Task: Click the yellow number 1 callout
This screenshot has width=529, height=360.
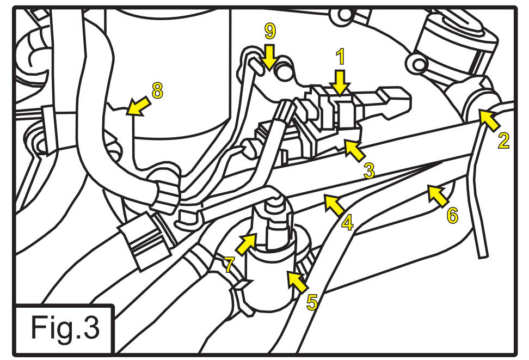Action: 341,57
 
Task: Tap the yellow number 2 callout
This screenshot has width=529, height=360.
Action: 504,141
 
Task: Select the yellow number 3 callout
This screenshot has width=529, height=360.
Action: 369,170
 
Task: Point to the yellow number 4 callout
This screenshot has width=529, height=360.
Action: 347,223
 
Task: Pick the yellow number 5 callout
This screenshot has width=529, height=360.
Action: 312,302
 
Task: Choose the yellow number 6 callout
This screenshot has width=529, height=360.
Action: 452,215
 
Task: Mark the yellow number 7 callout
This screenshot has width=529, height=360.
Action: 229,265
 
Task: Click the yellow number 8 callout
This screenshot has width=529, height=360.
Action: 157,90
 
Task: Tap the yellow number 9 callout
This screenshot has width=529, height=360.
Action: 270,31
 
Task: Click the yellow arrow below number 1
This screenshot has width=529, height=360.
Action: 341,82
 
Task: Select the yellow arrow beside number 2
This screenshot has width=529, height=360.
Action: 489,120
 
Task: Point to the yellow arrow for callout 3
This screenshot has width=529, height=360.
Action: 355,151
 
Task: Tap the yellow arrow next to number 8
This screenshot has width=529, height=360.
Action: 138,106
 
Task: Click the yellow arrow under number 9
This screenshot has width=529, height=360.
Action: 269,57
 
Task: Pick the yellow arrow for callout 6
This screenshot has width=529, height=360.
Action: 438,196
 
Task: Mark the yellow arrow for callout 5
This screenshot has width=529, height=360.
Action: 298,282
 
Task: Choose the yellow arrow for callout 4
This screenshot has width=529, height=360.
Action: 335,205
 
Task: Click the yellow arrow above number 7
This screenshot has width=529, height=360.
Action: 247,243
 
